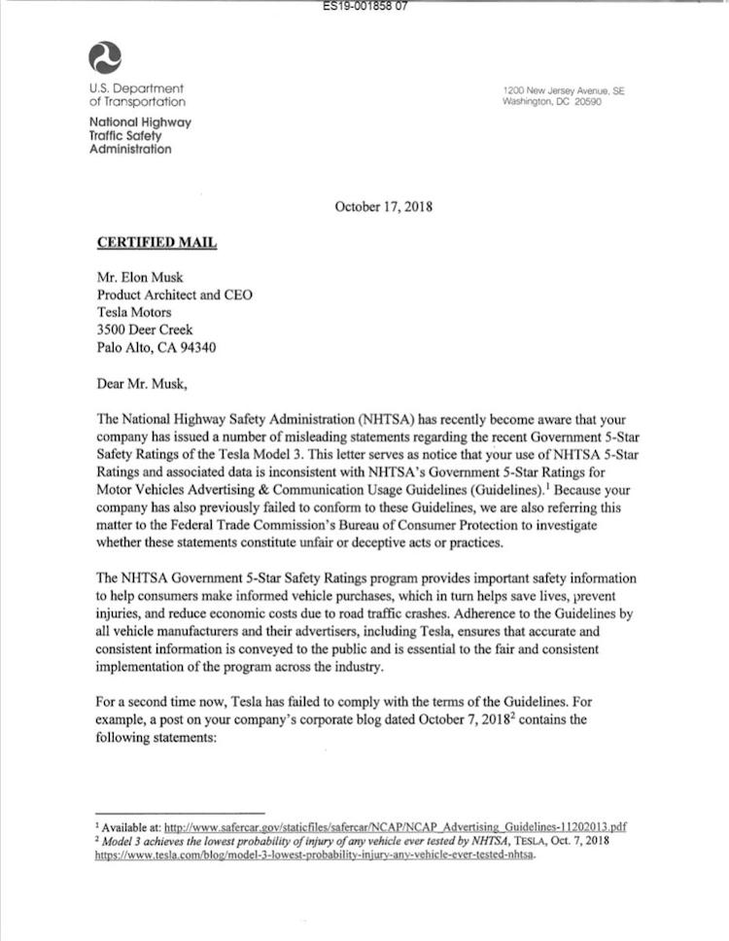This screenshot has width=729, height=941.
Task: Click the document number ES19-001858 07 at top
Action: [364, 6]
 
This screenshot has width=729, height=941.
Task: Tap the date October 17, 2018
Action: [383, 206]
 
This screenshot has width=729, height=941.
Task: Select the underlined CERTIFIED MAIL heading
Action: [156, 242]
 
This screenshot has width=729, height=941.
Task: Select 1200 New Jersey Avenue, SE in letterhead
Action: [564, 91]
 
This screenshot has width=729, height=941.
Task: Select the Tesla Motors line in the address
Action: [134, 312]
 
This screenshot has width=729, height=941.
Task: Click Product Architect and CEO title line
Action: [174, 295]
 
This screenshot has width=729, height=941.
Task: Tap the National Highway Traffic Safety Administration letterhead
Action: [140, 136]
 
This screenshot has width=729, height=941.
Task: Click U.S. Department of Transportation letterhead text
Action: [137, 95]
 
